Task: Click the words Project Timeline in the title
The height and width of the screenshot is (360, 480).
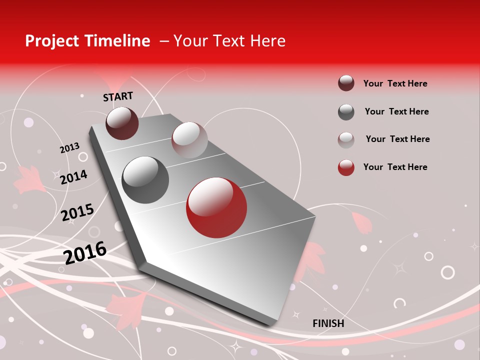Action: [87, 41]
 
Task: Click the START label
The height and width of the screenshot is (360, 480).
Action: [118, 96]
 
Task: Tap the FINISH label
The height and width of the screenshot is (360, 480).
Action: [328, 323]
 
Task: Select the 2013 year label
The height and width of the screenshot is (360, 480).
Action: [69, 148]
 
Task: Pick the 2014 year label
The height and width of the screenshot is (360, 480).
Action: [73, 177]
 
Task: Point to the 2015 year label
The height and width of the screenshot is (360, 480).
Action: [77, 212]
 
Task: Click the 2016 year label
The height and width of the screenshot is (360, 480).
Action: [85, 252]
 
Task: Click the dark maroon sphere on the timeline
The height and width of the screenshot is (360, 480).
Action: [122, 123]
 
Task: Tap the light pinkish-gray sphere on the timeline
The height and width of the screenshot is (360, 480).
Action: [189, 140]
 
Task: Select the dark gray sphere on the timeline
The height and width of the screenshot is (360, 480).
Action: [145, 179]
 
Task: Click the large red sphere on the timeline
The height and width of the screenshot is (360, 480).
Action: [216, 207]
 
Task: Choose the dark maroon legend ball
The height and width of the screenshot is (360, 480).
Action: [346, 83]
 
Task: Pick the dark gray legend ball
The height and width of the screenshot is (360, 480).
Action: [346, 112]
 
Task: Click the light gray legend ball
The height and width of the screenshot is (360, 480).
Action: [346, 139]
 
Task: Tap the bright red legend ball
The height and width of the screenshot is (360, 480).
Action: [346, 167]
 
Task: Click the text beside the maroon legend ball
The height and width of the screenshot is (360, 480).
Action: [395, 83]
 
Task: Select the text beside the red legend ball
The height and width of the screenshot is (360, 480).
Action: [395, 167]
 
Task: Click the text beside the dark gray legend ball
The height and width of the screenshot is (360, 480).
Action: [396, 111]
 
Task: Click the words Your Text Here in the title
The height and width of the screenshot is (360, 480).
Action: [229, 41]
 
